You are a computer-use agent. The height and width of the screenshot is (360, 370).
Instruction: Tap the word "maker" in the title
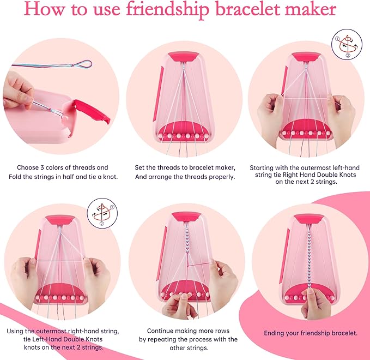click(309, 10)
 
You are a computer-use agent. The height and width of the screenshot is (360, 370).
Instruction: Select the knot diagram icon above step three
click(347, 45)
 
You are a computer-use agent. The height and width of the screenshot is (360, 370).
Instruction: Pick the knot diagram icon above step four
click(102, 211)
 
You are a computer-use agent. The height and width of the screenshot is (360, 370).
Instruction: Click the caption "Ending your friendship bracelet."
click(311, 333)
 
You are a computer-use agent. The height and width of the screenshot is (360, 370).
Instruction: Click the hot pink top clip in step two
click(186, 56)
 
